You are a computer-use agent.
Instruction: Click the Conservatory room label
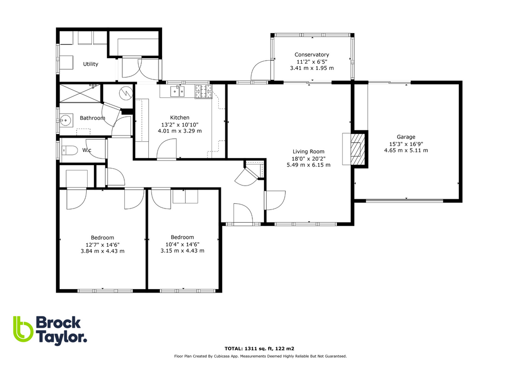click(x=312, y=55)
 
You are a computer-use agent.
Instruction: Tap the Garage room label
click(x=406, y=137)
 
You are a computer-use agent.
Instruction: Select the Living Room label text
click(x=308, y=151)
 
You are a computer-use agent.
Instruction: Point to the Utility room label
click(x=91, y=64)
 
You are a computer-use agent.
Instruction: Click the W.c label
click(x=87, y=150)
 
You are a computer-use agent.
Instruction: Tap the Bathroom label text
click(x=92, y=118)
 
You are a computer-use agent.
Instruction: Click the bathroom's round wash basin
click(x=65, y=121)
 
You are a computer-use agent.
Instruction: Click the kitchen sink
click(x=177, y=92)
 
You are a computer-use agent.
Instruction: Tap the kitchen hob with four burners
click(x=203, y=91)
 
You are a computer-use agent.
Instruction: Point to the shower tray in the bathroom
click(x=80, y=94)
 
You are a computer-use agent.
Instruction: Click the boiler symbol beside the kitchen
click(x=125, y=94)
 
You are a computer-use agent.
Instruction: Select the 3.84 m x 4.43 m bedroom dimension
click(x=102, y=251)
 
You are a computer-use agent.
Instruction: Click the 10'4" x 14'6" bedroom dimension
click(x=182, y=244)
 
